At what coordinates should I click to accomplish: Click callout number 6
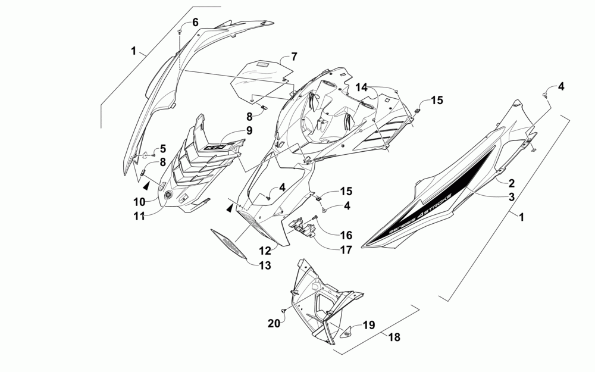tap(195, 22)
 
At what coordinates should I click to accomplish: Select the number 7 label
tap(293, 57)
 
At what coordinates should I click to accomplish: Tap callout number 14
tap(362, 87)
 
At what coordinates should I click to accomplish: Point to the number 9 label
tap(249, 130)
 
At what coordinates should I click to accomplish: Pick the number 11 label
tap(139, 217)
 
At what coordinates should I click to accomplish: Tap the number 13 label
tap(264, 265)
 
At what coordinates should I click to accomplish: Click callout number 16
tap(346, 235)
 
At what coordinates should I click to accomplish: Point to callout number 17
tap(346, 250)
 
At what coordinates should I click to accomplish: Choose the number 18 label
tap(394, 337)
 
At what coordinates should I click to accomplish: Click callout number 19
tap(369, 325)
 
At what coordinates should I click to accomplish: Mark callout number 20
tap(274, 323)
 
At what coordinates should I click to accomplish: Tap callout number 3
tap(511, 196)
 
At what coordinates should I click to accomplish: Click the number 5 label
tap(163, 149)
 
